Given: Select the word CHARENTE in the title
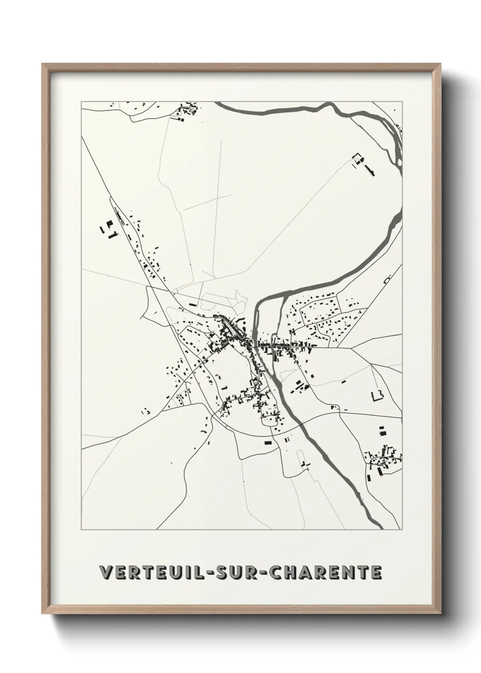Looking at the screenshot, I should (326, 573).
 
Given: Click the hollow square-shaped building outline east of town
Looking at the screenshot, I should (377, 395).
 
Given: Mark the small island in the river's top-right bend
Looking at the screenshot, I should (396, 141).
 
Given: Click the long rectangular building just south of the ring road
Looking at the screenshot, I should (268, 442).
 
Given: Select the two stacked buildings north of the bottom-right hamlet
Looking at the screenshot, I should (382, 431).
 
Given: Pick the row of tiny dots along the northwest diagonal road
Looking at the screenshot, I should (120, 216).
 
